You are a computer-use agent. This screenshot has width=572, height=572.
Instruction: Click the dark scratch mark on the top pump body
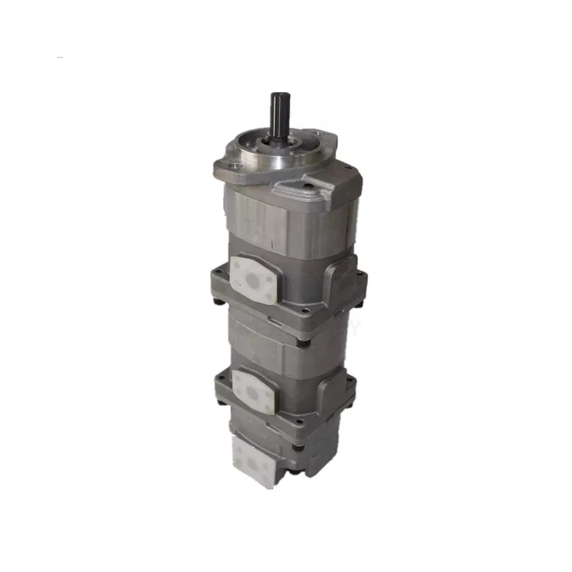click(272, 245)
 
